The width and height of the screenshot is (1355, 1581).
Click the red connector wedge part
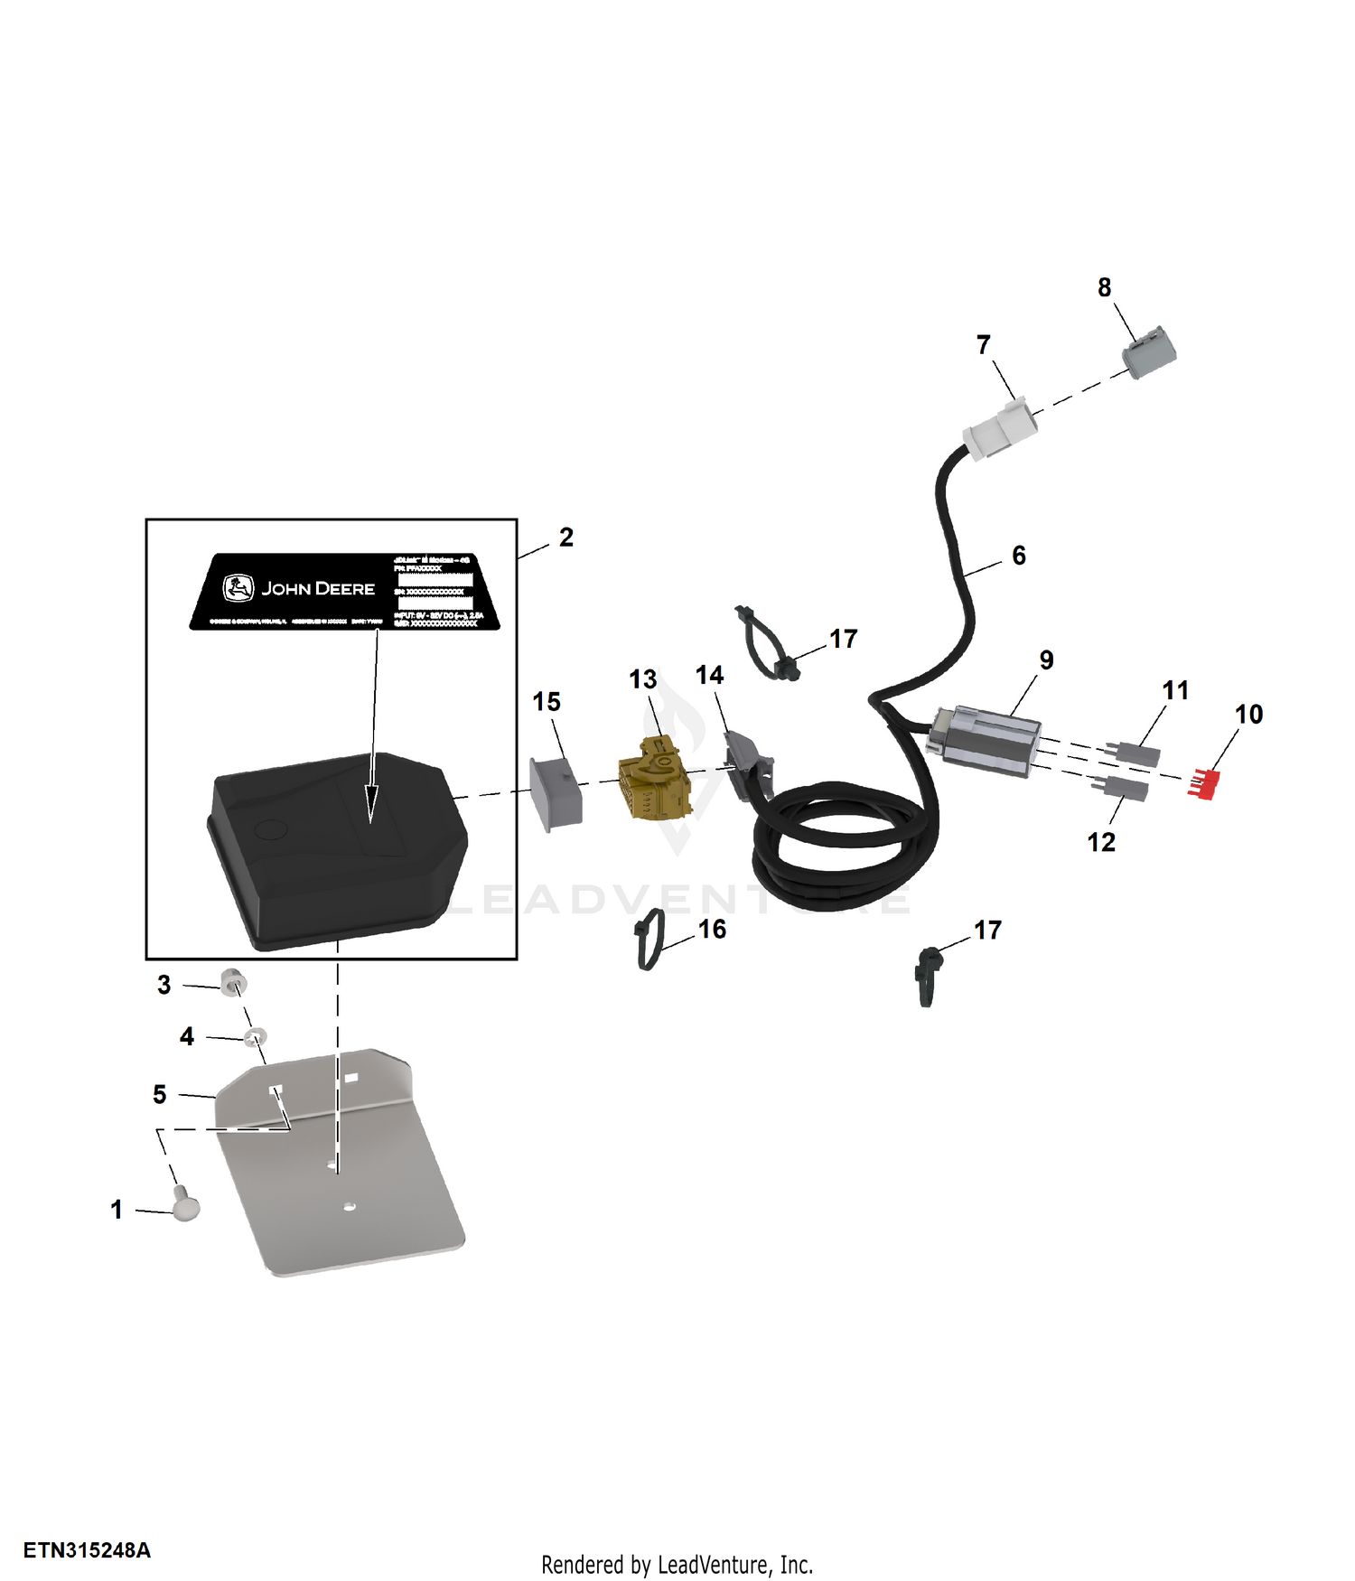(1204, 783)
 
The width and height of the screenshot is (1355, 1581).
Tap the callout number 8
(1104, 288)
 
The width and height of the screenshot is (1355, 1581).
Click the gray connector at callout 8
(1149, 352)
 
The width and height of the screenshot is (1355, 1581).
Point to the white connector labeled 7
(1000, 429)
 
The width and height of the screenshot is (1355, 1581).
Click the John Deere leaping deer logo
(238, 588)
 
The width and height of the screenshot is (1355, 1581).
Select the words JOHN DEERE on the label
(318, 589)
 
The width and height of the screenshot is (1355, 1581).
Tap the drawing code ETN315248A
(87, 1550)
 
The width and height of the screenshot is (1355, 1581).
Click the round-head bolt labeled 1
(186, 1206)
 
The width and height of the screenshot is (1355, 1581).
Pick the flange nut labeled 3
(233, 981)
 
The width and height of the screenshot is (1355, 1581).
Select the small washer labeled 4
(256, 1034)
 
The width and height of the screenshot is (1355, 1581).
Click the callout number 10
(1248, 715)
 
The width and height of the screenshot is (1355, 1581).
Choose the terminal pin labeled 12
(1124, 787)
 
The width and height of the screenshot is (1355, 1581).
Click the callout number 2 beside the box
(566, 538)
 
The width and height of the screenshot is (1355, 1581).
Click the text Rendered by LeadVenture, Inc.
(677, 1565)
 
